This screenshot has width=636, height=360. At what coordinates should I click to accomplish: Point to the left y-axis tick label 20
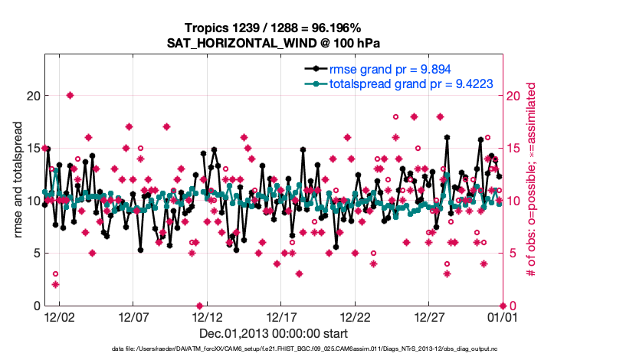tap(32, 96)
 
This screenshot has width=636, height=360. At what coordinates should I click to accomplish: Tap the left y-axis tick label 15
tap(32, 148)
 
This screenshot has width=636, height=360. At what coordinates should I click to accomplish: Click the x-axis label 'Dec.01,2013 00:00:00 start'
tap(274, 333)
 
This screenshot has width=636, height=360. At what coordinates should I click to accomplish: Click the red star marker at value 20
tap(70, 96)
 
